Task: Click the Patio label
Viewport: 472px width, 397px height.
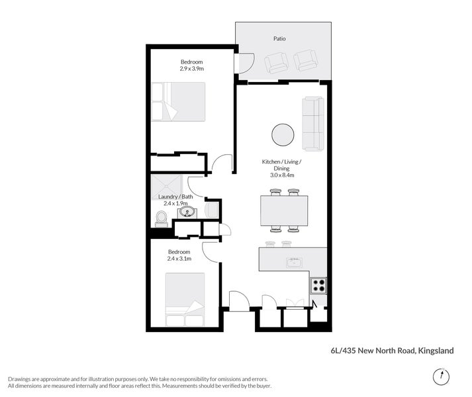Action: (280, 38)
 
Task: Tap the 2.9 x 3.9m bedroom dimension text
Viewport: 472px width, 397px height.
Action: (191, 68)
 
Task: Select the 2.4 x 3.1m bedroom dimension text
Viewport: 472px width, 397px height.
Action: (179, 259)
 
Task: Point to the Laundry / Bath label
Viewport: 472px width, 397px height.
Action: (175, 197)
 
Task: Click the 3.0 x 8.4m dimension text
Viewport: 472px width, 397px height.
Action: (281, 175)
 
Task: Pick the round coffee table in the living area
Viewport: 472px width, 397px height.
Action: (283, 134)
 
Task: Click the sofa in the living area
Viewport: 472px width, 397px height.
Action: (314, 123)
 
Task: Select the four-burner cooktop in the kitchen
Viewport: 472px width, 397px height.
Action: (318, 285)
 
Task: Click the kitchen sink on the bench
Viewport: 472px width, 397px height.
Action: (293, 263)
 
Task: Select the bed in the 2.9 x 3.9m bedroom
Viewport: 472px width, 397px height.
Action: (178, 101)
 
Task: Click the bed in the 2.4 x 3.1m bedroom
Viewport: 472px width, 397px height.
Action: (185, 300)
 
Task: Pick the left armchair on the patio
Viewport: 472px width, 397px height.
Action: (277, 63)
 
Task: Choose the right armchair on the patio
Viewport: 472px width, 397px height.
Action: (306, 62)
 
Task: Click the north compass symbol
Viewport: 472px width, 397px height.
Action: (439, 376)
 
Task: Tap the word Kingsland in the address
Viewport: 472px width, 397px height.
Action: (435, 351)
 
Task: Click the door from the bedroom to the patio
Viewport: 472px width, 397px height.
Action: (244, 63)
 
